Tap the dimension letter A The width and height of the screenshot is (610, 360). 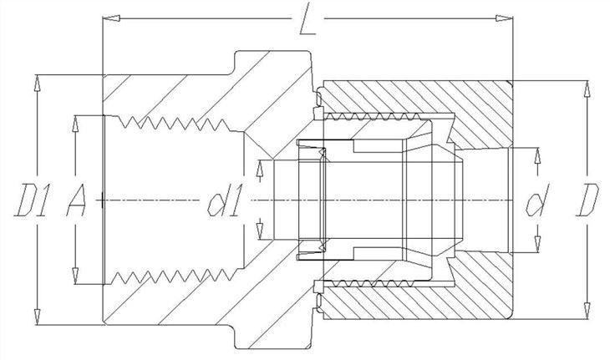pyautogui.click(x=77, y=200)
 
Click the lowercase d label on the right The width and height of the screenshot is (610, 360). pyautogui.click(x=536, y=200)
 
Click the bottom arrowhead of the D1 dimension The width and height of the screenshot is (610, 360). pyautogui.click(x=38, y=317)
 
